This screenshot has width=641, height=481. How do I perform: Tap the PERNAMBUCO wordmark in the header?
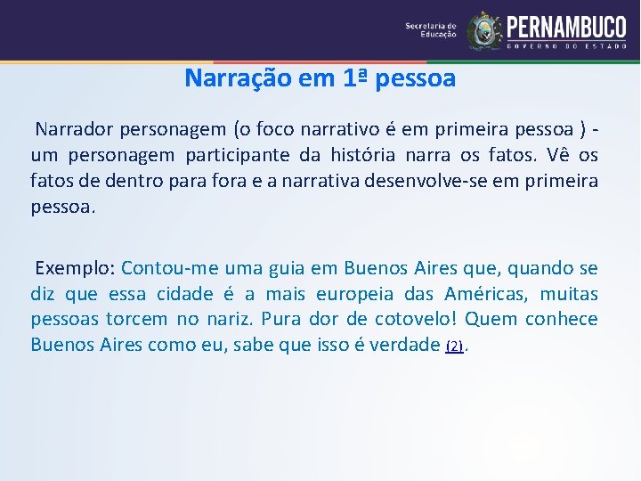pyautogui.click(x=565, y=26)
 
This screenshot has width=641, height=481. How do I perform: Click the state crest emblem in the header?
pyautogui.click(x=484, y=30)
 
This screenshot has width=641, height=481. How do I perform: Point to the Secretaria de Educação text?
pyautogui.click(x=430, y=30)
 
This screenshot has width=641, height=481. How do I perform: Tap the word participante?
pyautogui.click(x=238, y=155)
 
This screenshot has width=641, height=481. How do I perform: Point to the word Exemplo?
pyautogui.click(x=74, y=268)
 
